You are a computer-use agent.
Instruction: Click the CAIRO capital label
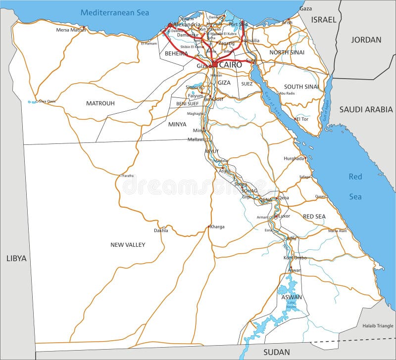pyautogui.click(x=230, y=65)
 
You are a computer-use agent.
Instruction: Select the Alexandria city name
pyautogui.click(x=186, y=24)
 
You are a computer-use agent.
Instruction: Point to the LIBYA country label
pyautogui.click(x=16, y=258)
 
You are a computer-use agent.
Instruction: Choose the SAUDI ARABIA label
pyautogui.click(x=366, y=109)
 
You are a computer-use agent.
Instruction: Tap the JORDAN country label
pyautogui.click(x=366, y=40)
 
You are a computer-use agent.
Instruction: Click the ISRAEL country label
pyautogui.click(x=324, y=20)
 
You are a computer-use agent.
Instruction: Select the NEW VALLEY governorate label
pyautogui.click(x=128, y=245)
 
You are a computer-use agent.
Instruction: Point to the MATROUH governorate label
pyautogui.click(x=100, y=103)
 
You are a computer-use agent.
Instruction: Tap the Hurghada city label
pyautogui.click(x=294, y=158)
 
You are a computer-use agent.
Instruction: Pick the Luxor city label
pyautogui.click(x=284, y=216)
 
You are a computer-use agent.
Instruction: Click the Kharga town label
pyautogui.click(x=217, y=226)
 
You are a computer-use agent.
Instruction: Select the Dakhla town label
pyautogui.click(x=161, y=230)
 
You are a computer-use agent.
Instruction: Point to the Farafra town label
pyautogui.click(x=128, y=175)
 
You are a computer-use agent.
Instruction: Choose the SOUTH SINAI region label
pyautogui.click(x=301, y=87)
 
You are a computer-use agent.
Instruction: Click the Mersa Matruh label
pyautogui.click(x=71, y=30)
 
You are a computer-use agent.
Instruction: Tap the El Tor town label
pyautogui.click(x=302, y=119)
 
